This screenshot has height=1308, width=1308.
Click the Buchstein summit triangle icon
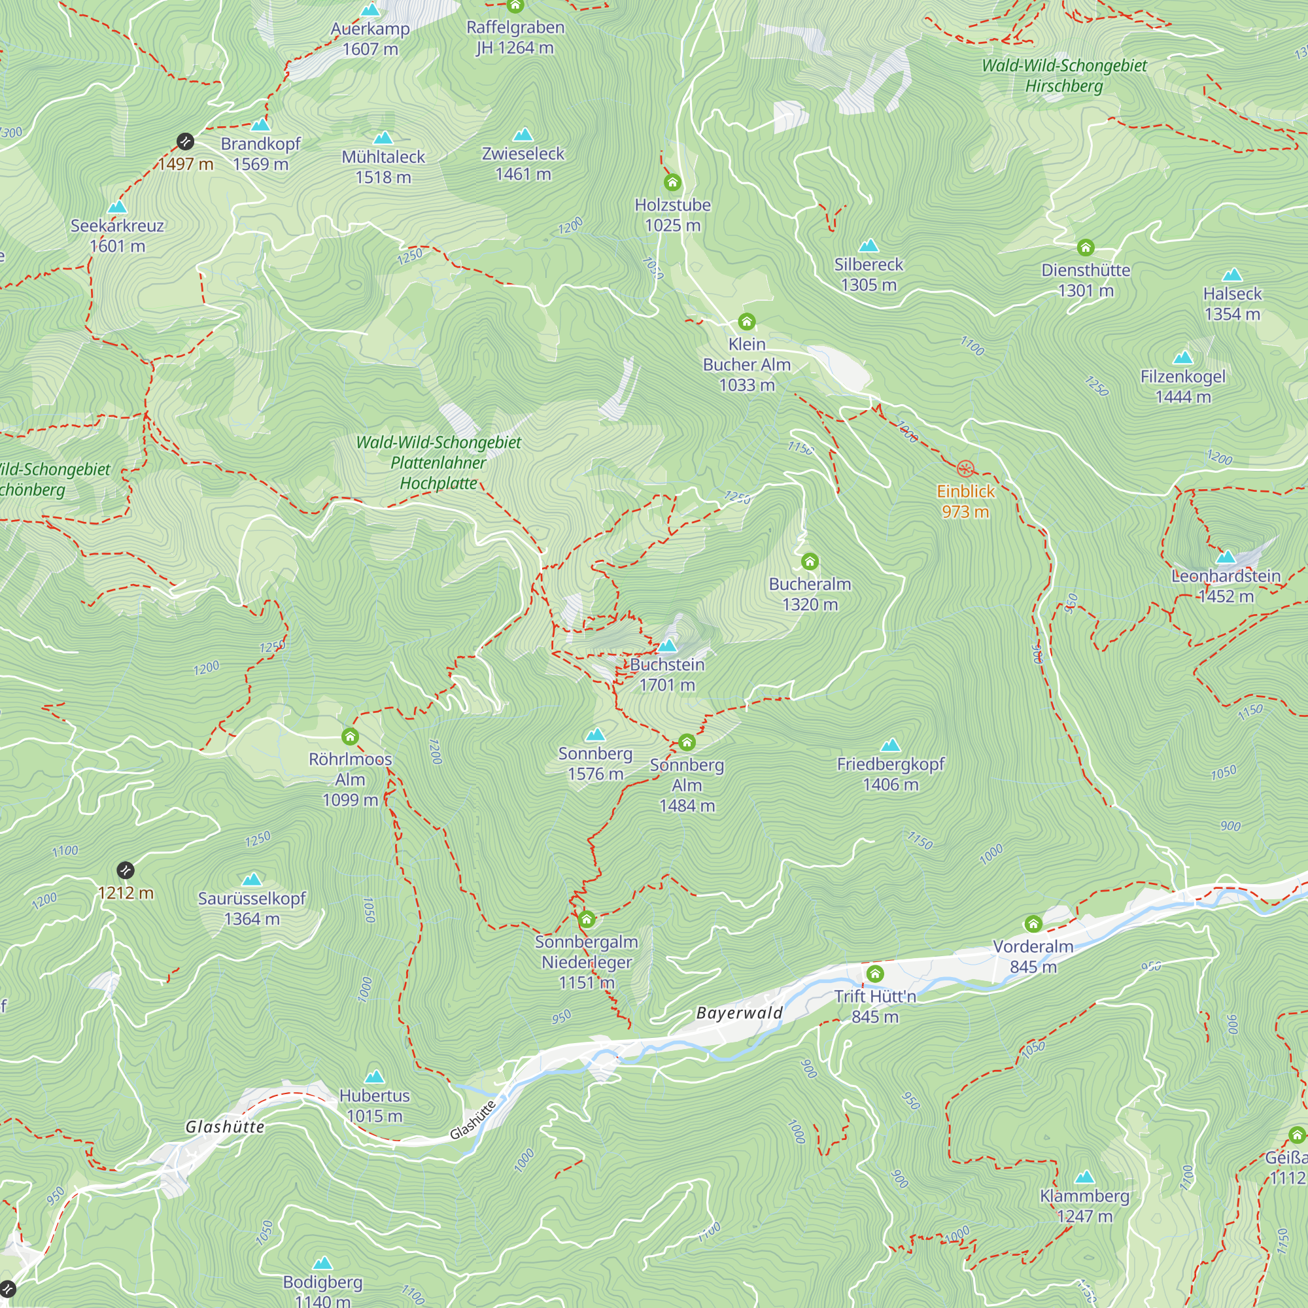[x=667, y=646]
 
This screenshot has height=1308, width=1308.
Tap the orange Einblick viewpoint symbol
[x=965, y=468]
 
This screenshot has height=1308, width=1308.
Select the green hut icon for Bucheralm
[x=810, y=561]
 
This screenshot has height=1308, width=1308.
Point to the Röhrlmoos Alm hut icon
[x=350, y=736]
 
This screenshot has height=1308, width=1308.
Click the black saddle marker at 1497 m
[x=186, y=141]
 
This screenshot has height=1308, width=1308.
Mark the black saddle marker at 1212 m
[x=126, y=870]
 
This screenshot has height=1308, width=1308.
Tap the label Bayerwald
[x=739, y=1014]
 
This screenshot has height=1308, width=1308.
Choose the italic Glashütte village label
[x=225, y=1127]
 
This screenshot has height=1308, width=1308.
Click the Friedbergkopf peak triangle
[x=890, y=746]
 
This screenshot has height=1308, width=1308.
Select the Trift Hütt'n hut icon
[x=874, y=974]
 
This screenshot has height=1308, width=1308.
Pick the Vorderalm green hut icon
[x=1033, y=924]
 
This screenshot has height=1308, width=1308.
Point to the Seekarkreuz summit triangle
[x=117, y=207]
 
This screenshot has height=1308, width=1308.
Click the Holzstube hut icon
[x=672, y=183]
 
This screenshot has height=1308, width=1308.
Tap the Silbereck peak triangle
[x=868, y=246]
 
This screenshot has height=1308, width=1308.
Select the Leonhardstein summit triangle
[x=1226, y=558]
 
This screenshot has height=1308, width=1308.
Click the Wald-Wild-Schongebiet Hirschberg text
[x=1064, y=76]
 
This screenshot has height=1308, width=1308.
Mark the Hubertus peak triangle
[x=374, y=1077]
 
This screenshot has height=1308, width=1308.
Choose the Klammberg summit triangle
[x=1084, y=1177]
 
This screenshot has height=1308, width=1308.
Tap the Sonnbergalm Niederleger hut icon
[x=586, y=920]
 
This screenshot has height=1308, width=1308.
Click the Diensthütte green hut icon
[x=1085, y=248]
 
